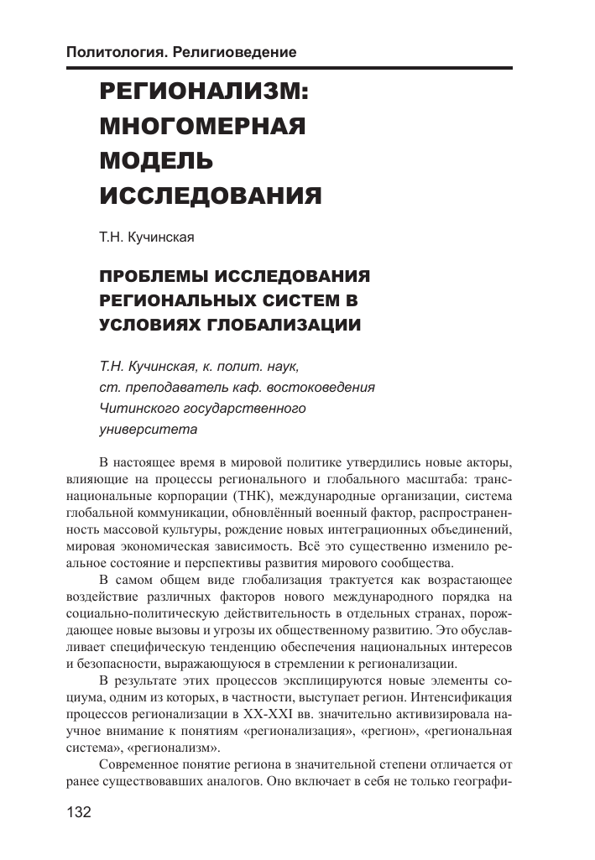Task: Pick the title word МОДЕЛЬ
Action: (x=157, y=160)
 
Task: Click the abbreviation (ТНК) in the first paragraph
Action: (x=248, y=496)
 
